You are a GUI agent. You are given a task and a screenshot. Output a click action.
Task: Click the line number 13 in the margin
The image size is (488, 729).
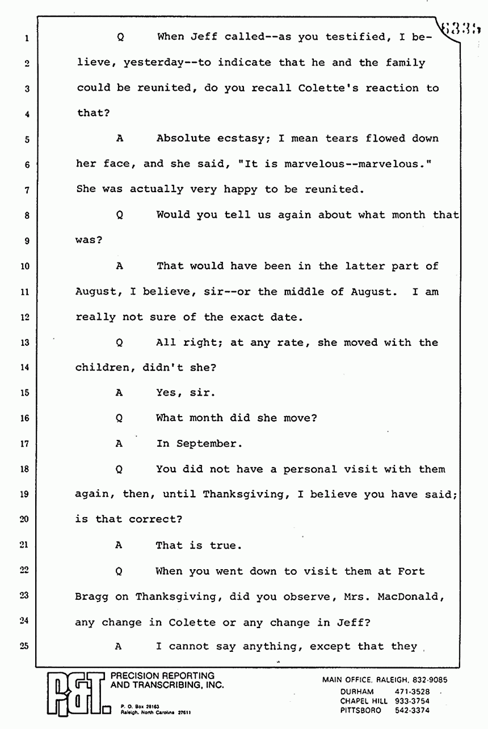(24, 342)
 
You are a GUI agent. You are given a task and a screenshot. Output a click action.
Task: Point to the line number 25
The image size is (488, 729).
(24, 646)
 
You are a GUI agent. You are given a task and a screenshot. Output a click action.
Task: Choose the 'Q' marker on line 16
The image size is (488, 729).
(120, 418)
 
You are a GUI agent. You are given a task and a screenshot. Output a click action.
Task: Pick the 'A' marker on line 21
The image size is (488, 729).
(119, 545)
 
